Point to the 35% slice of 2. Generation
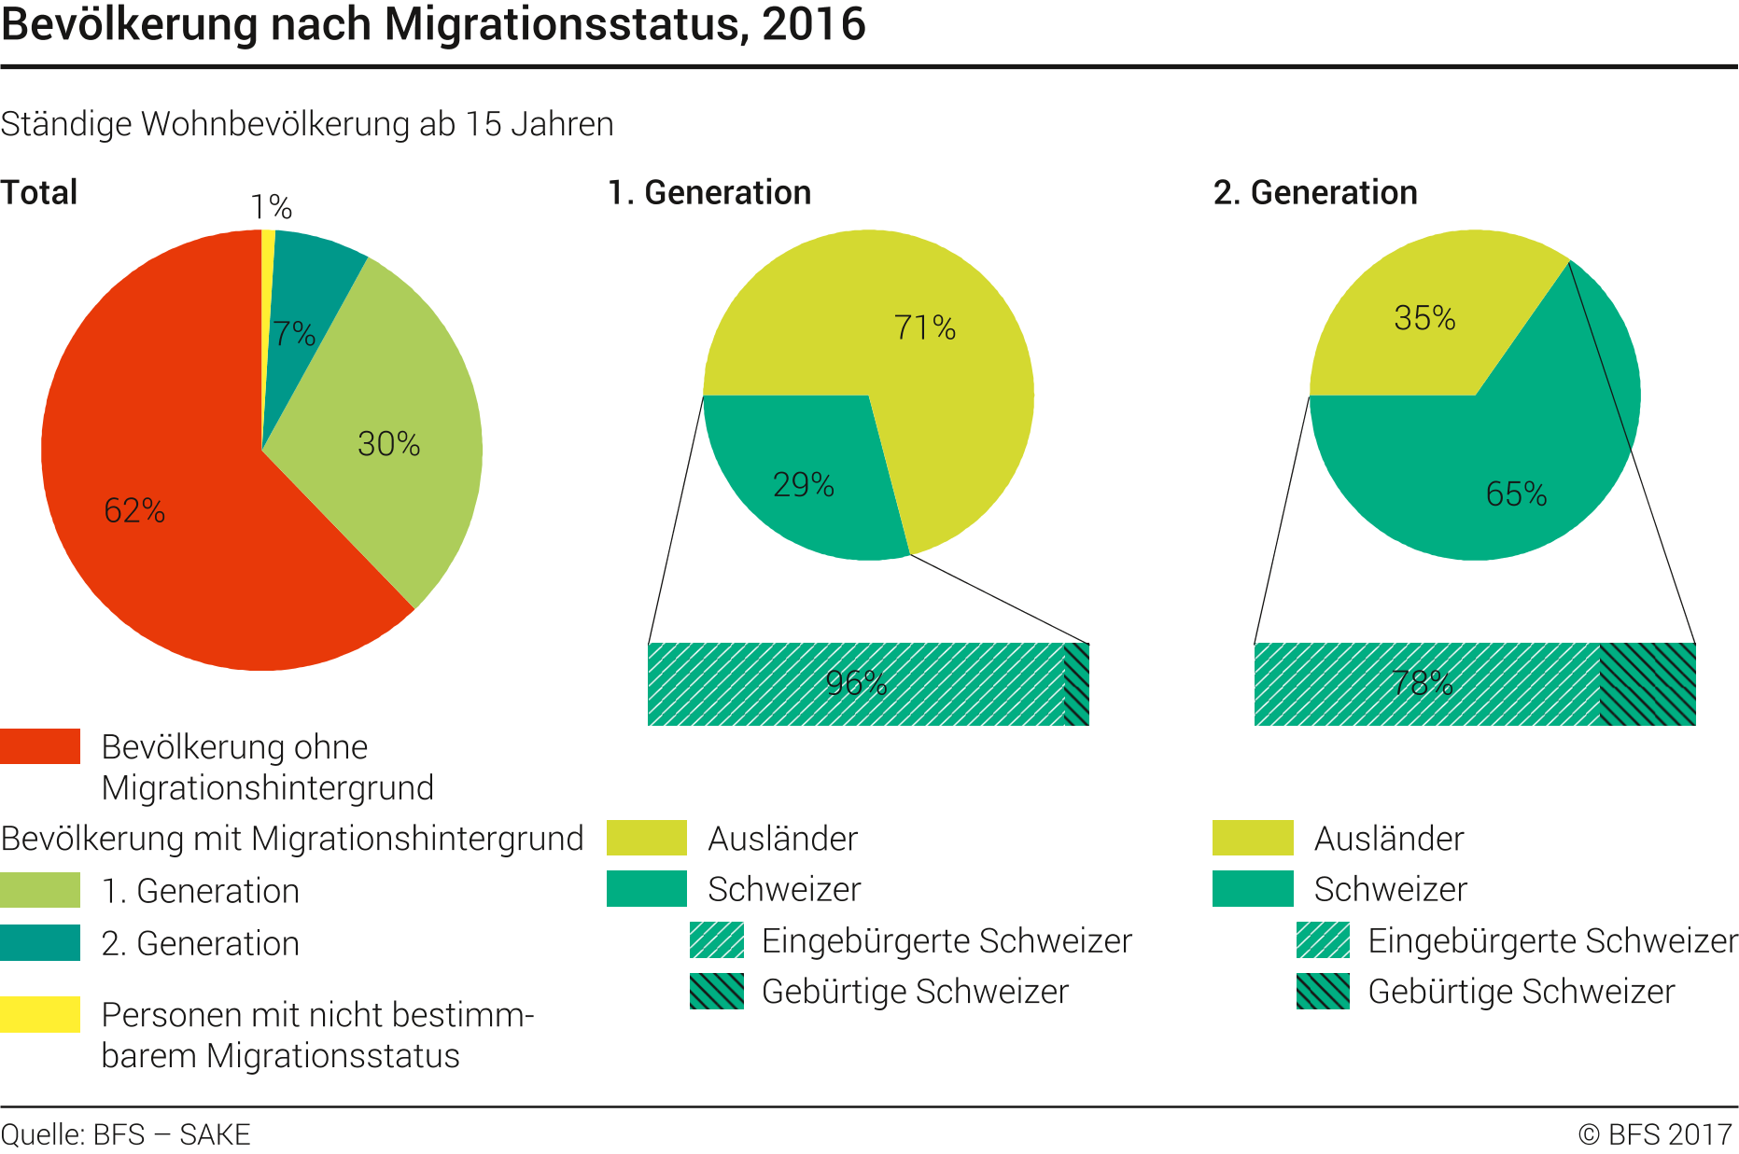1419,327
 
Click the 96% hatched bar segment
856,684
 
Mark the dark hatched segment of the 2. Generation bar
1648,684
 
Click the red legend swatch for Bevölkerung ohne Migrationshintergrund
40,746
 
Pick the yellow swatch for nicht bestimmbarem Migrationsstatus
40,1014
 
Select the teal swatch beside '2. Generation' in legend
40,942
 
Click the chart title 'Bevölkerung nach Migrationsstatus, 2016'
433,24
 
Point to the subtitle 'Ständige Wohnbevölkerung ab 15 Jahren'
307,124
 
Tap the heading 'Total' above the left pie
39,192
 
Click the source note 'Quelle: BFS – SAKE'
125,1134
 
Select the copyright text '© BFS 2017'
1654,1134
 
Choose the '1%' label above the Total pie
271,206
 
